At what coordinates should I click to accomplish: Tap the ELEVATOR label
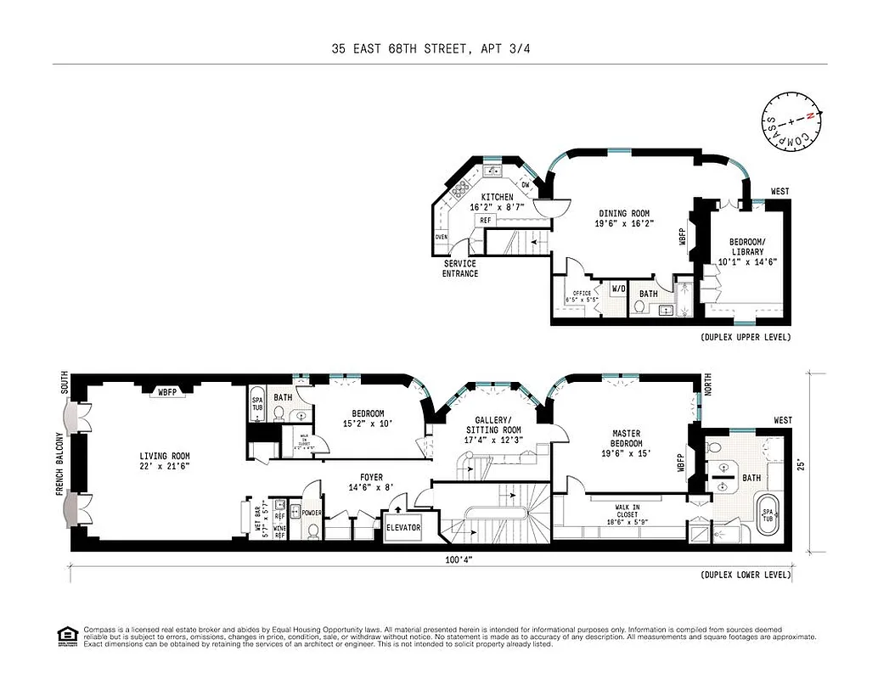click(402, 527)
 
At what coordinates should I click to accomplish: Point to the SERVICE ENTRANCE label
click(459, 268)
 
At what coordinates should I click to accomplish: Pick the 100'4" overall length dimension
click(459, 559)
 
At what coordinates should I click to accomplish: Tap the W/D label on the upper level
click(618, 289)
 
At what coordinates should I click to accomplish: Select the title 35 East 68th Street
click(439, 49)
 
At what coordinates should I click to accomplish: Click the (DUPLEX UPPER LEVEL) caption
click(745, 337)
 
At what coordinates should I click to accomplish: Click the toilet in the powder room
click(312, 531)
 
